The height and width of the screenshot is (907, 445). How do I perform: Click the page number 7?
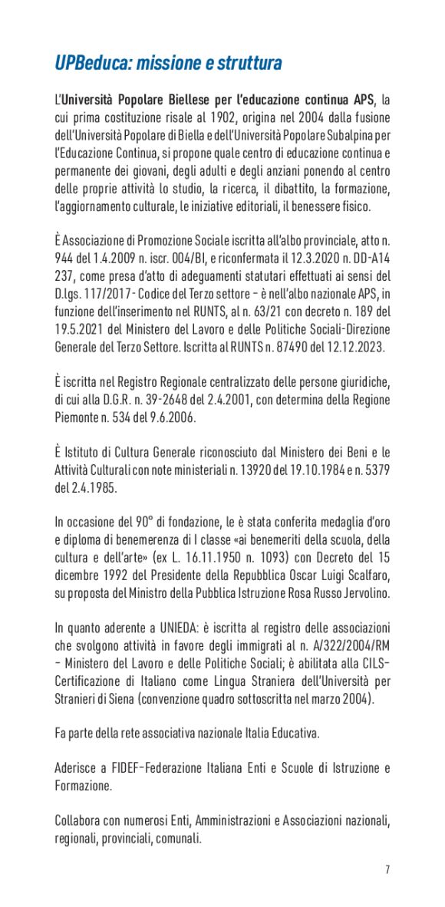387,869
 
